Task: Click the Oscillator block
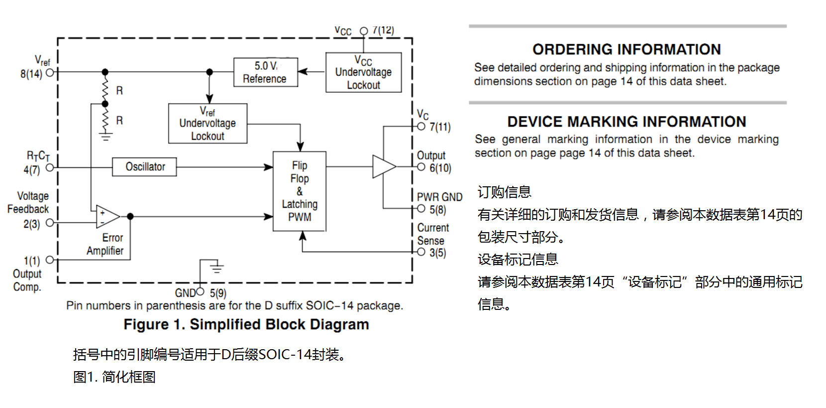[x=144, y=166]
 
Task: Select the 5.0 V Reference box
[x=266, y=72]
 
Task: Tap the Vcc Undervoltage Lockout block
[x=364, y=72]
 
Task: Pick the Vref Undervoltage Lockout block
[x=207, y=124]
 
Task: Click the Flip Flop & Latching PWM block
[x=300, y=191]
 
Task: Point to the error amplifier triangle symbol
[x=107, y=217]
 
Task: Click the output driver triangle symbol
[x=384, y=166]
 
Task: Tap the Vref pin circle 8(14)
[x=50, y=72]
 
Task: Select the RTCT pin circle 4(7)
[x=50, y=167]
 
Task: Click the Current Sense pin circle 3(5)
[x=421, y=252]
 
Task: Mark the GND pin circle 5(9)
[x=200, y=291]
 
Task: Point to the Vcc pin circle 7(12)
[x=364, y=31]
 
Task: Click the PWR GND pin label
[x=439, y=197]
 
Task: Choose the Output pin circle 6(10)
[x=421, y=167]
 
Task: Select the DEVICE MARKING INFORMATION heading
[x=626, y=122]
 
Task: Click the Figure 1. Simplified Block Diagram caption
[x=246, y=324]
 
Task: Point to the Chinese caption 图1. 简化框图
[x=114, y=377]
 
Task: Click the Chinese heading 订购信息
[x=504, y=192]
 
